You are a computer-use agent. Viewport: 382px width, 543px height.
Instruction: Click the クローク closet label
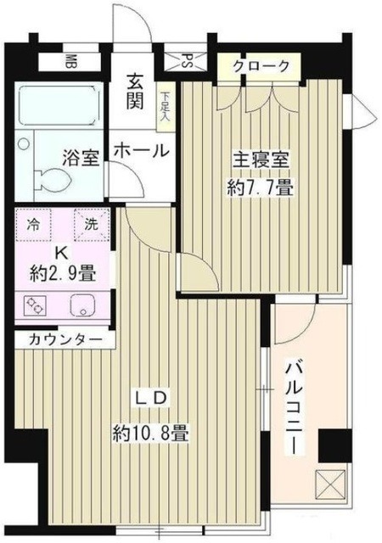[x=260, y=66]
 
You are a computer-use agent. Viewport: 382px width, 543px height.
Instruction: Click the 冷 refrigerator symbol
[x=34, y=226]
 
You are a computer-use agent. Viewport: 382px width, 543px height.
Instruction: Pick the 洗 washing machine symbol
[x=90, y=226]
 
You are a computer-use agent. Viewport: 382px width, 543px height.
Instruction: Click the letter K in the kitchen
[x=62, y=252]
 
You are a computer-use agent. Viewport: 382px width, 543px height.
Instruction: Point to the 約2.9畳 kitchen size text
[x=62, y=273]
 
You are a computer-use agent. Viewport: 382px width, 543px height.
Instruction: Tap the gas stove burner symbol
[x=35, y=305]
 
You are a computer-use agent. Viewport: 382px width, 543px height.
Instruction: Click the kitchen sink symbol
[x=83, y=305]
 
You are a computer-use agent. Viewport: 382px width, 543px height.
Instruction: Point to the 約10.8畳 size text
[x=151, y=433]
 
